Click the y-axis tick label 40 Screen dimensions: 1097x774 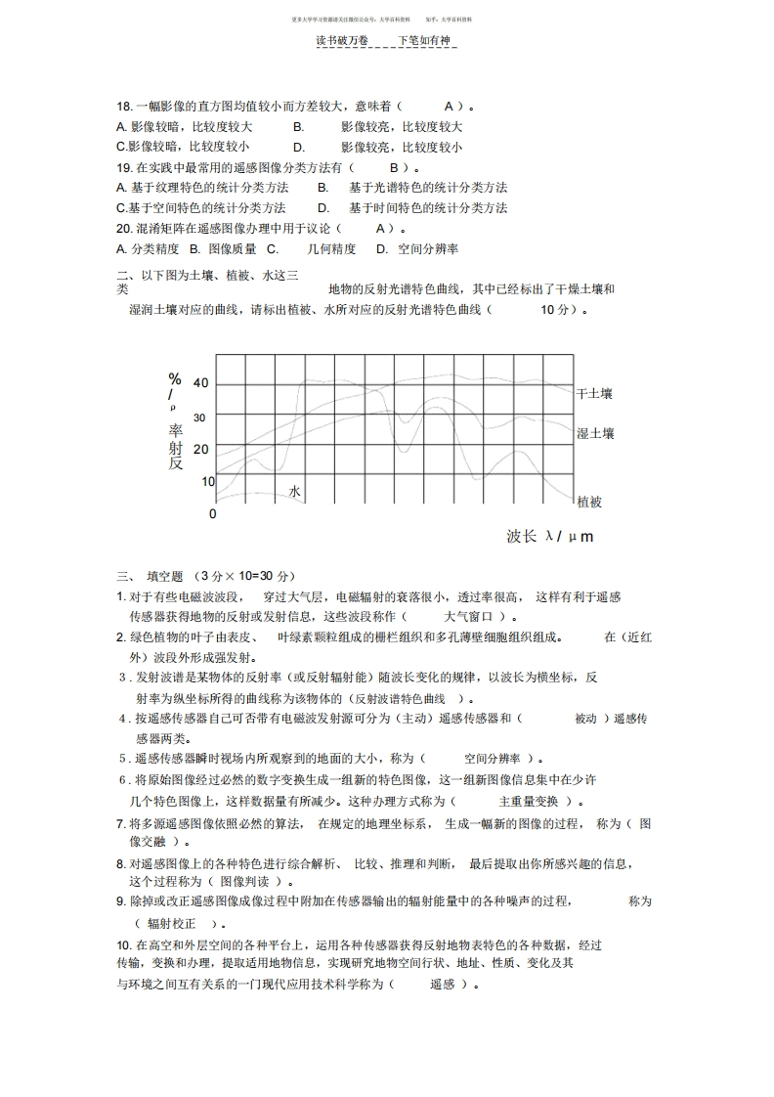pos(200,382)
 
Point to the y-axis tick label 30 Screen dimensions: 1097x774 pos(199,417)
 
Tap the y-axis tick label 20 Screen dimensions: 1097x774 pos(201,449)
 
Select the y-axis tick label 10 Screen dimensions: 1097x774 pos(208,481)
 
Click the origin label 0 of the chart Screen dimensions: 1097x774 pos(213,514)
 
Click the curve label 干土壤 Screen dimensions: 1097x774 pos(595,394)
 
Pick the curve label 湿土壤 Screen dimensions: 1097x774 pos(595,433)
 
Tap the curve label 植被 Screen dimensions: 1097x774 pos(589,502)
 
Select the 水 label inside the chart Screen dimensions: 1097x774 pos(295,492)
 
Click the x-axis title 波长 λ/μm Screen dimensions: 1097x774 pos(550,536)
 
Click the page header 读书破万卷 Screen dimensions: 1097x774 pos(342,41)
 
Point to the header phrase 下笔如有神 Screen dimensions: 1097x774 pos(427,41)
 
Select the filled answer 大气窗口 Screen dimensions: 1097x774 pos(468,616)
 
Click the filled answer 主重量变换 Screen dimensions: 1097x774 pos(529,801)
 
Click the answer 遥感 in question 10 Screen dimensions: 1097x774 pos(443,986)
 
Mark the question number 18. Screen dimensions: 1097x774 pos(123,106)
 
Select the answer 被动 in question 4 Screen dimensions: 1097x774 pos(585,719)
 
